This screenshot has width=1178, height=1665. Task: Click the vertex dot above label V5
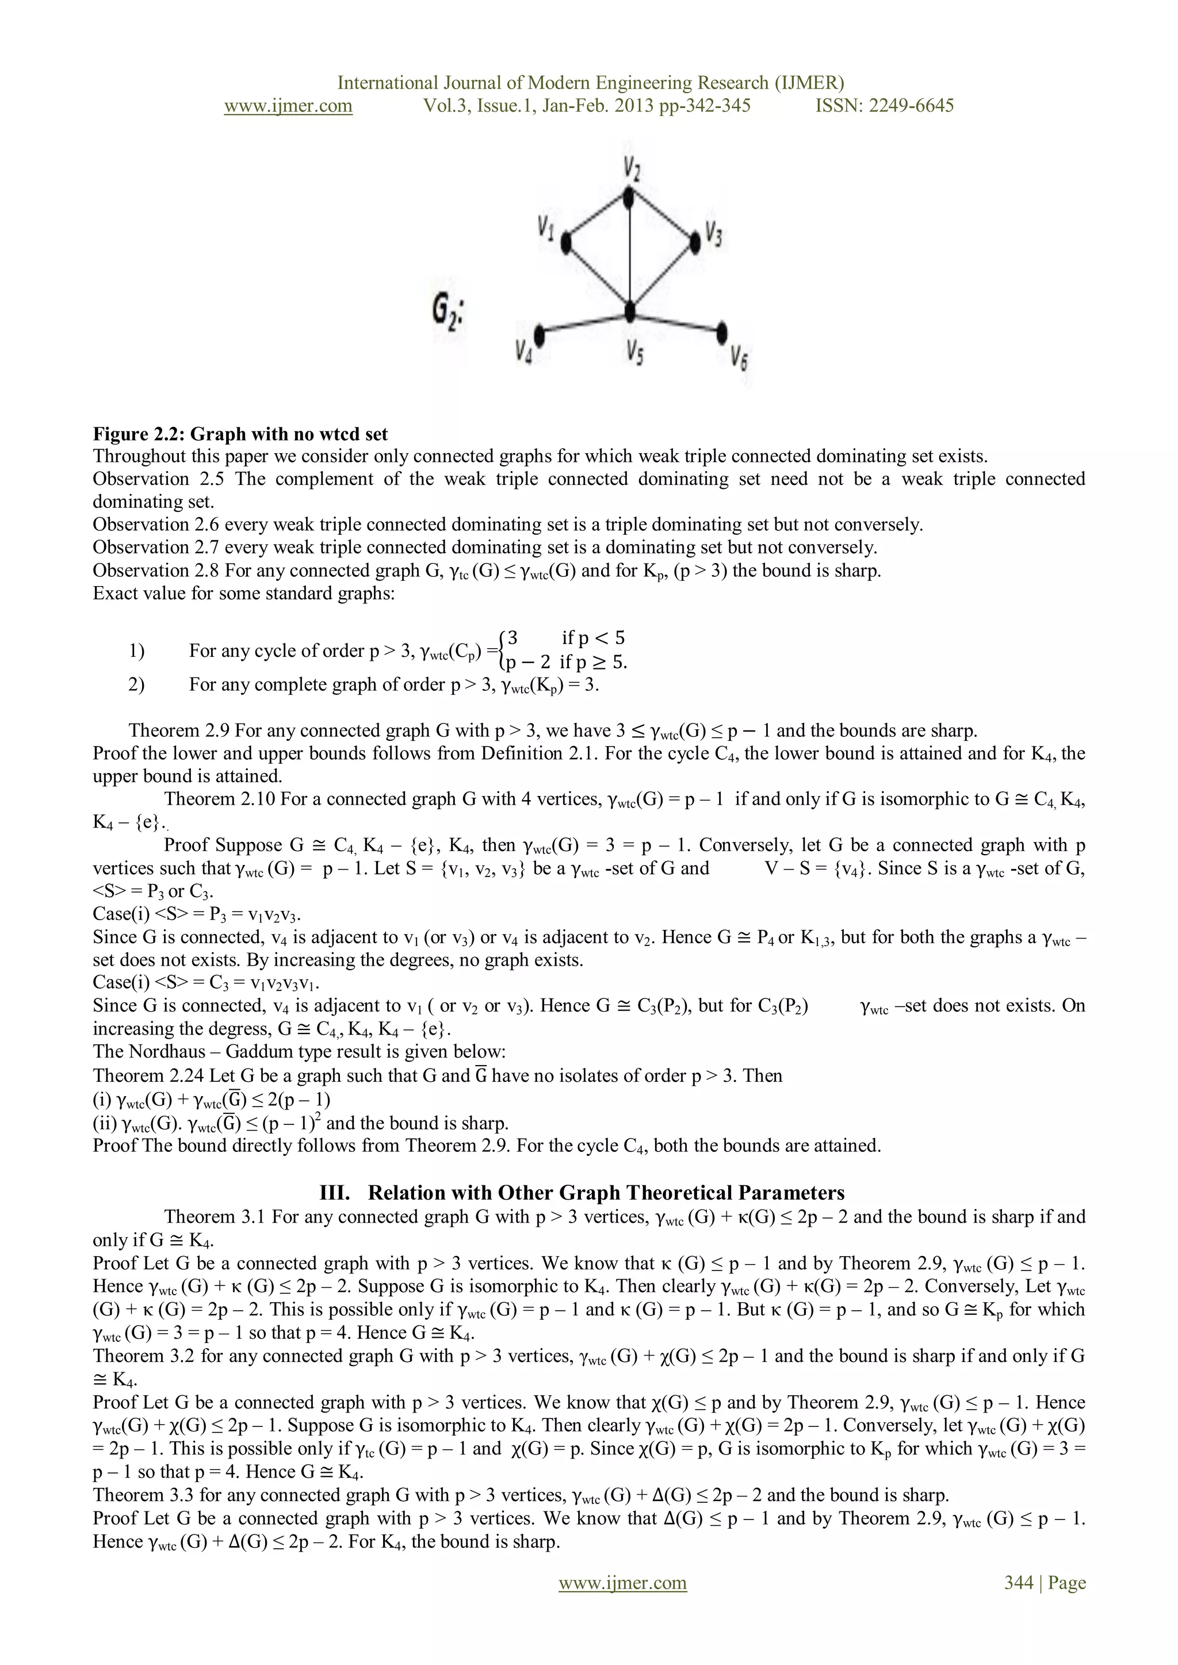coord(630,312)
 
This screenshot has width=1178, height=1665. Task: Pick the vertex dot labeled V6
coord(721,333)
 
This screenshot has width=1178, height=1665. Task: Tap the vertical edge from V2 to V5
coord(630,254)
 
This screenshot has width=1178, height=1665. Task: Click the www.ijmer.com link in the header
coord(288,106)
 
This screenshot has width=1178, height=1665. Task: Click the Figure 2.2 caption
coord(240,434)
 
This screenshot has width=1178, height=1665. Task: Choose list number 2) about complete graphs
coord(136,684)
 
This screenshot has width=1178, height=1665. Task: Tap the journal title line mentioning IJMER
coord(590,83)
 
